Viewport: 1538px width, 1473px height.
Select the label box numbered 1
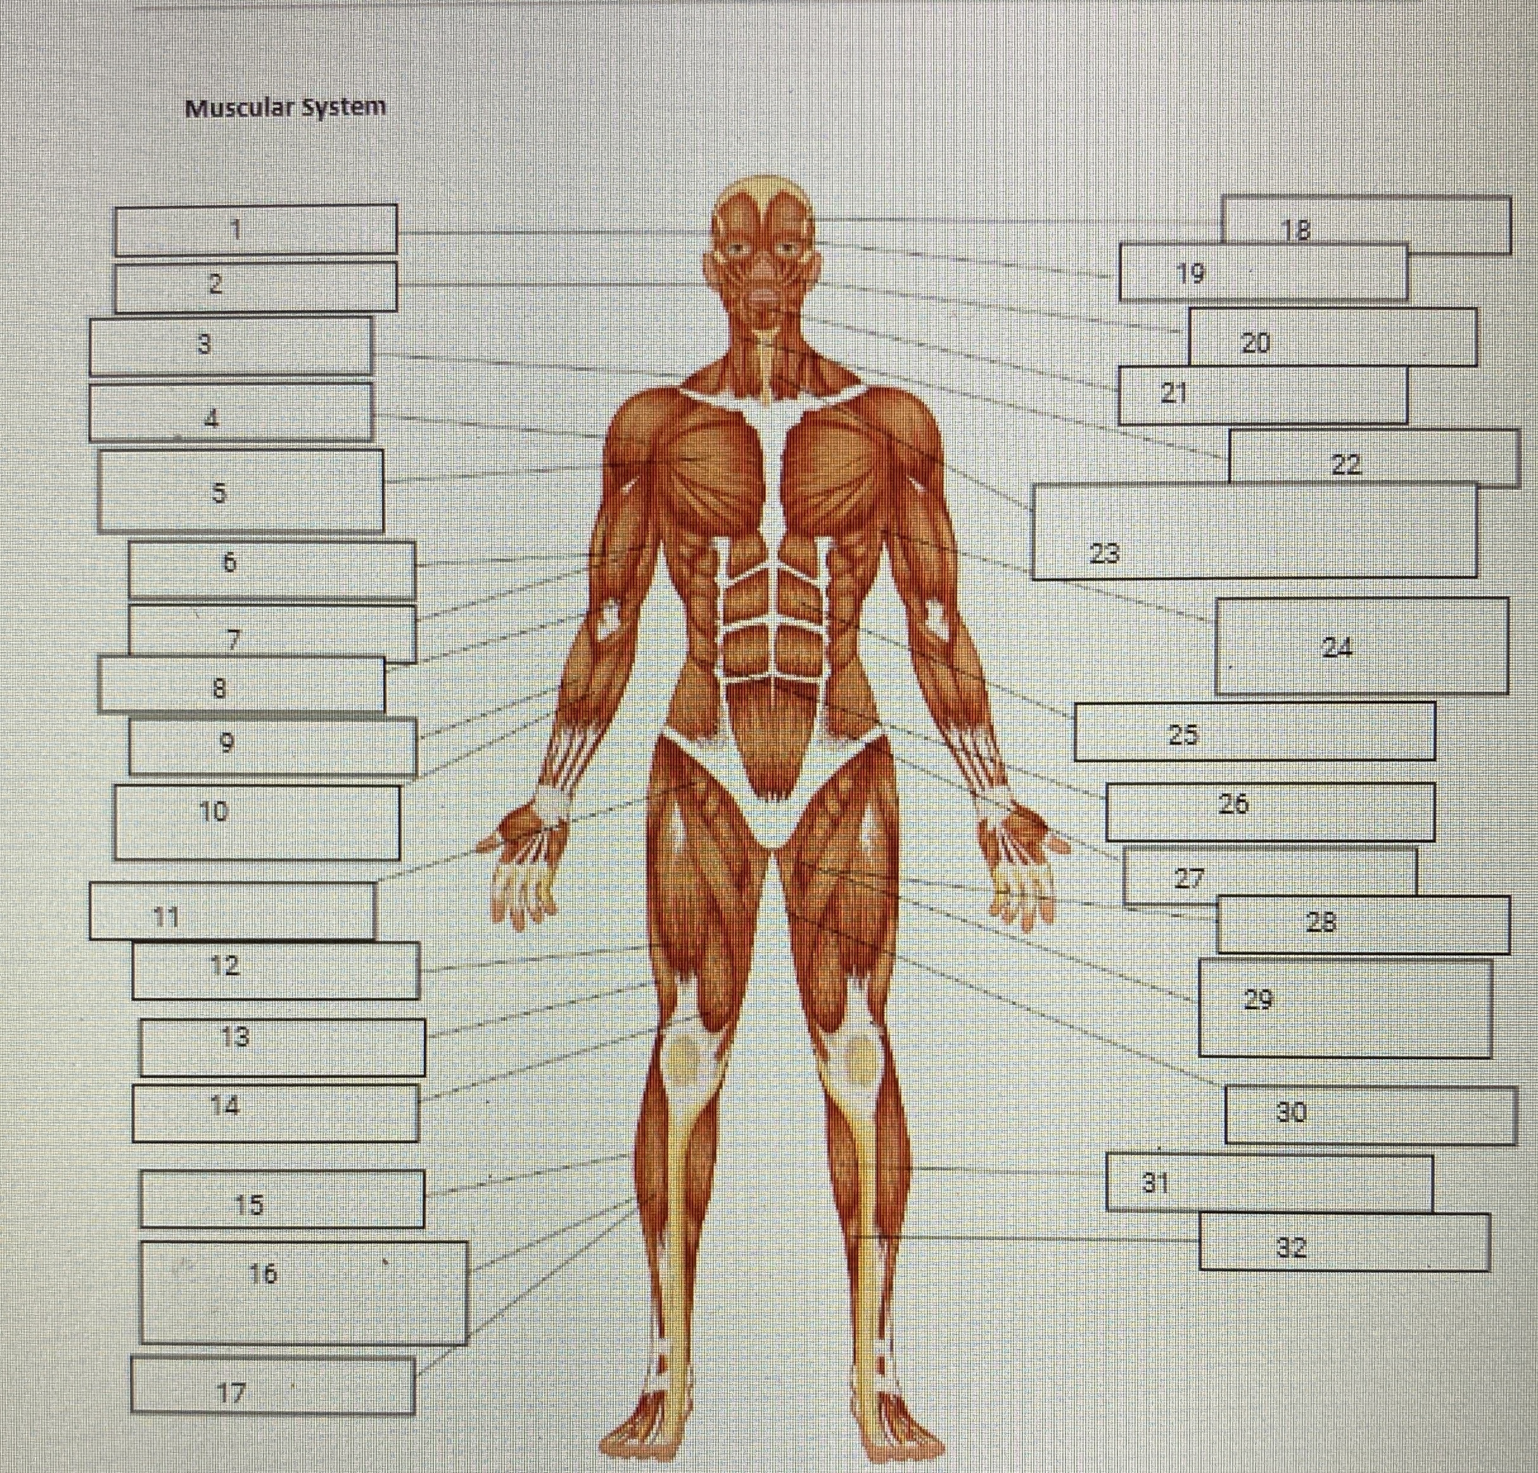(255, 230)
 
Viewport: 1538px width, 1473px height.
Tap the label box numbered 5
(240, 491)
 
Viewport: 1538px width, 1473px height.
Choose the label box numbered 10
(257, 822)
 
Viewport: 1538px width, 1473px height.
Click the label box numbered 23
(1253, 532)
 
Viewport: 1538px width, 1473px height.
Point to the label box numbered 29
(1345, 1009)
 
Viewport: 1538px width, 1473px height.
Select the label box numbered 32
(1344, 1242)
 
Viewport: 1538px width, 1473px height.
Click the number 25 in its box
(1183, 734)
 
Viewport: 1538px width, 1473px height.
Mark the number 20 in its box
(1255, 343)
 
